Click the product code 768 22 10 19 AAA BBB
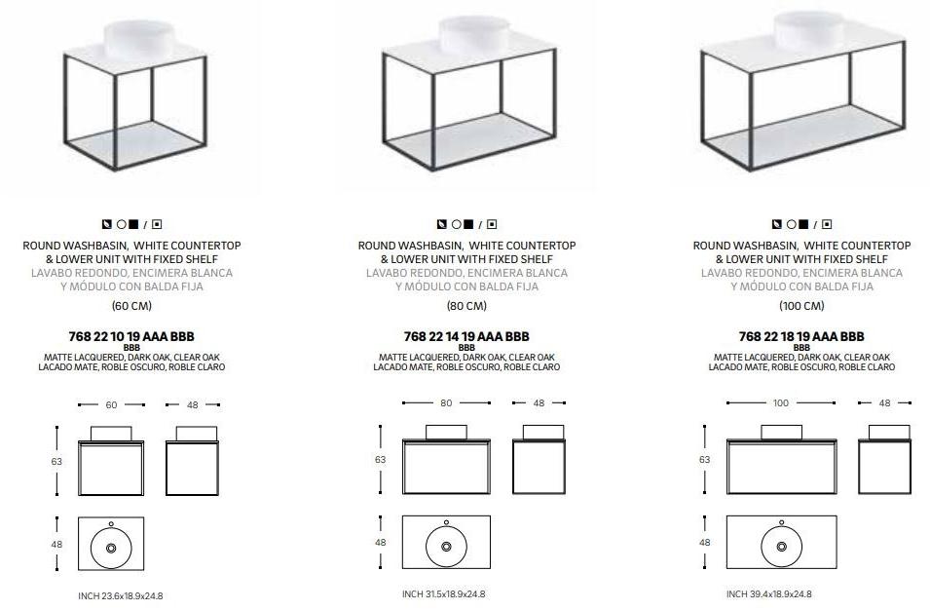[x=131, y=336]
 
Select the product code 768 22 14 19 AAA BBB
[x=466, y=336]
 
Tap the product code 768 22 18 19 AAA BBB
[x=801, y=336]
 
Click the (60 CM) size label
[x=131, y=306]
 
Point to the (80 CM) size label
[x=466, y=306]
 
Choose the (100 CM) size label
[x=801, y=306]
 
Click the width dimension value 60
[x=112, y=405]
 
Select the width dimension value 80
[x=446, y=403]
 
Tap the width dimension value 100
[x=781, y=403]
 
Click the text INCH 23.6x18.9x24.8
[x=121, y=595]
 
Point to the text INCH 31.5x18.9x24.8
[x=444, y=594]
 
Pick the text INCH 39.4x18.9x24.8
[x=769, y=594]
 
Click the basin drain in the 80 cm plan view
[x=446, y=547]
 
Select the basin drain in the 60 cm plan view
[x=111, y=549]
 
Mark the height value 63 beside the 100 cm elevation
[x=705, y=460]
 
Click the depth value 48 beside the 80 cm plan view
[x=380, y=543]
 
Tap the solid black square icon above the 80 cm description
[x=468, y=224]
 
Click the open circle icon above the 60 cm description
[x=122, y=225]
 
